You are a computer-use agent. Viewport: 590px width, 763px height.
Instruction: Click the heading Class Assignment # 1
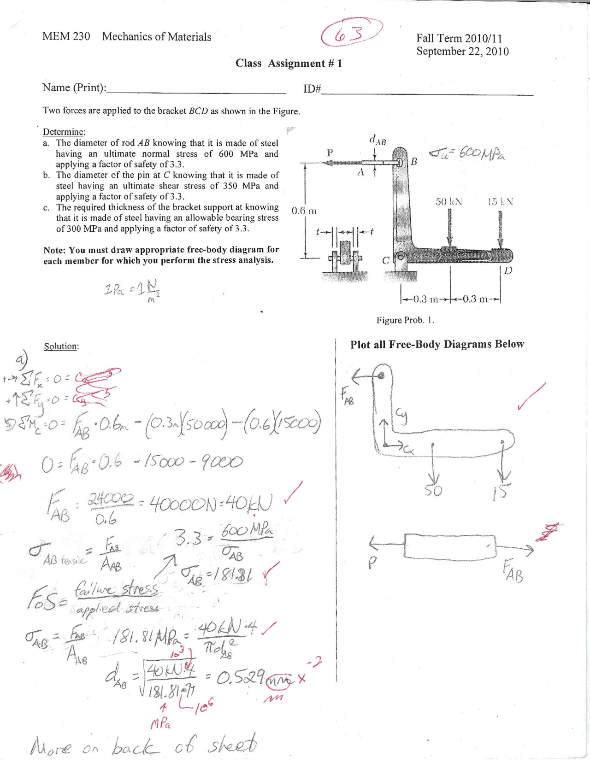coord(289,64)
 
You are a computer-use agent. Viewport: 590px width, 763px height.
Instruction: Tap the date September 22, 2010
coord(462,52)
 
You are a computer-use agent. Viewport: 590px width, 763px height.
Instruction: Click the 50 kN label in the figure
coord(449,202)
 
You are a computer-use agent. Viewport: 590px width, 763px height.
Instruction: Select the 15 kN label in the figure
coord(500,202)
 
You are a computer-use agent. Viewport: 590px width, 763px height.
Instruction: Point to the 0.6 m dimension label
coord(304,211)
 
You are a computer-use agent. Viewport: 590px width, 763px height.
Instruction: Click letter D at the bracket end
coord(507,270)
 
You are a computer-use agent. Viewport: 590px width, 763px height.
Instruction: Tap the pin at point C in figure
coord(401,256)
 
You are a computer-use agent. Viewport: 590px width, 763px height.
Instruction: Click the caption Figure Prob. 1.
coord(405,320)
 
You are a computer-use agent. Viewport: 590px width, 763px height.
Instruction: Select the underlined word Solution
coord(61,346)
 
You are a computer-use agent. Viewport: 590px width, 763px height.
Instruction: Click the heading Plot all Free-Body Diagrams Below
coord(437,345)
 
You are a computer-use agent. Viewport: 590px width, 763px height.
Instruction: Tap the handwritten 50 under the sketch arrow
coord(433,491)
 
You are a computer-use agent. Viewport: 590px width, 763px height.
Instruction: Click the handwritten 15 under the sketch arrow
coord(501,493)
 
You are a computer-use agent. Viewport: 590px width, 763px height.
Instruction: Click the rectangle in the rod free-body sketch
coord(450,546)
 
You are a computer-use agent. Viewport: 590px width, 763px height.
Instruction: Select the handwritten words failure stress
coord(117,590)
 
